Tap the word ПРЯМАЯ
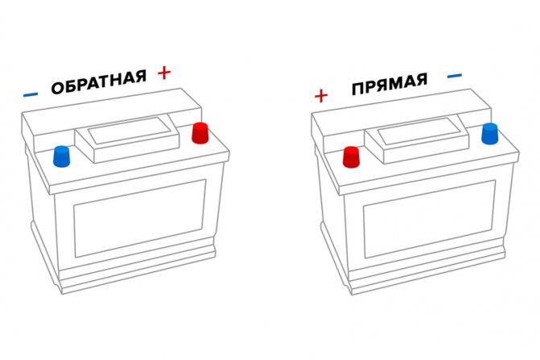click(389, 84)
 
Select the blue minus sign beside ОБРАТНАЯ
click(31, 94)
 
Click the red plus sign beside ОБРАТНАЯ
click(164, 73)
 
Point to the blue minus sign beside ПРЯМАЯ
click(455, 77)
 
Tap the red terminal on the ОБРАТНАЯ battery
click(200, 133)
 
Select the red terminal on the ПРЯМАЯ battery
click(351, 156)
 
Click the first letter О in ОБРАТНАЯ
click(57, 88)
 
